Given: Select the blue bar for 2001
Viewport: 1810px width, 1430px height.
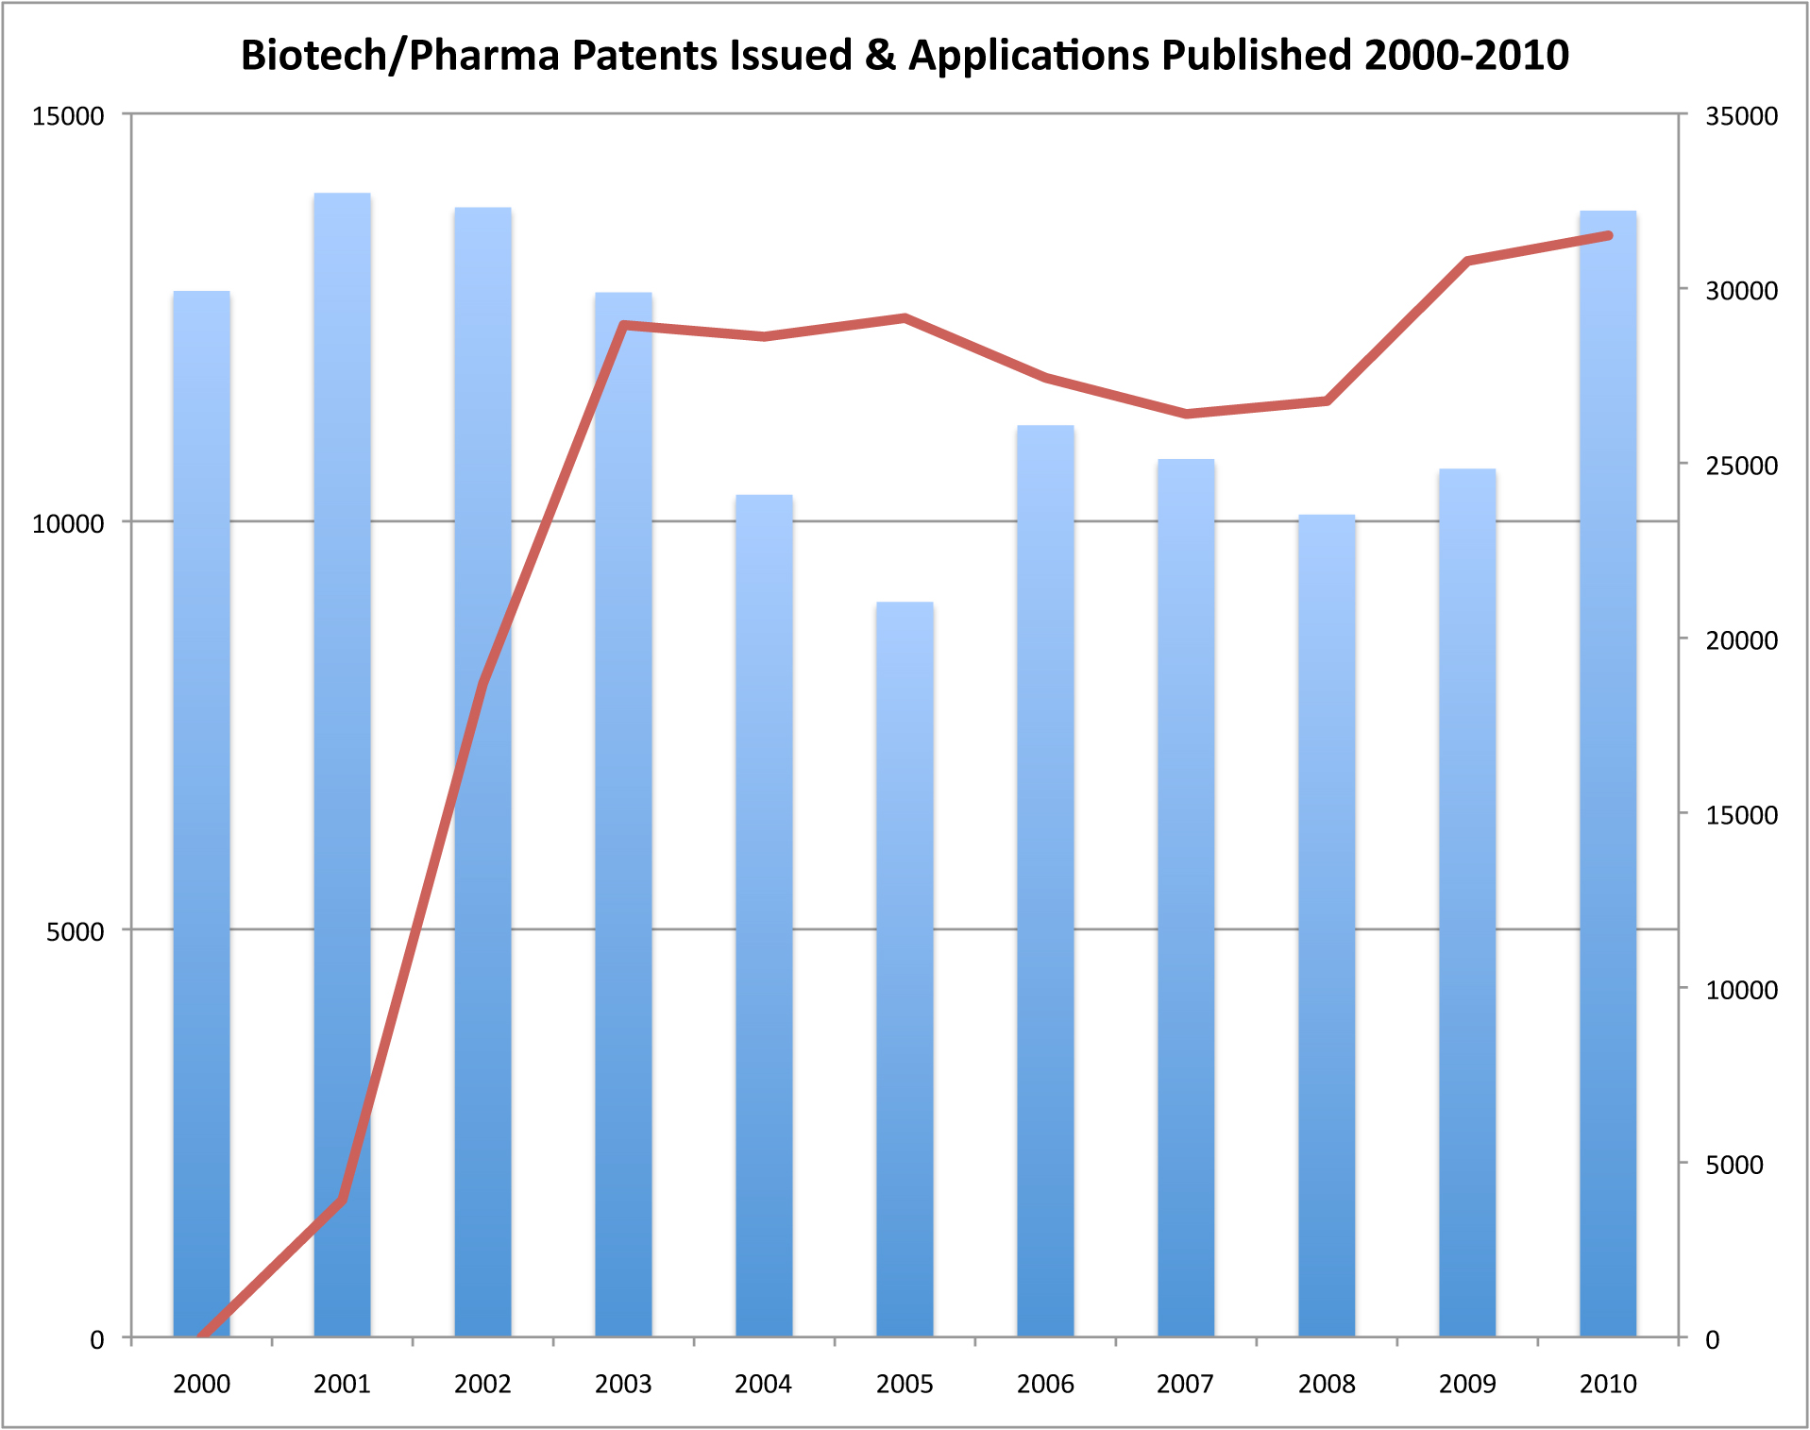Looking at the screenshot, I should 342,765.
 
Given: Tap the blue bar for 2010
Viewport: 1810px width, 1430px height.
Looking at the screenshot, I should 1608,775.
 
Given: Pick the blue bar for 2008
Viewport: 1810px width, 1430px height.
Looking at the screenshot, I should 1327,926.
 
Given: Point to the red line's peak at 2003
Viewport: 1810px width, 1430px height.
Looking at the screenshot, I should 624,325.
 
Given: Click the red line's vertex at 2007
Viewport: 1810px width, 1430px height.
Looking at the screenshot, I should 1186,414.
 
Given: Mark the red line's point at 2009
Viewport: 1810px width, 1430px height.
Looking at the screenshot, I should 1467,261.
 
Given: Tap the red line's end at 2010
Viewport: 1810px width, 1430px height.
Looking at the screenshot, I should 1608,235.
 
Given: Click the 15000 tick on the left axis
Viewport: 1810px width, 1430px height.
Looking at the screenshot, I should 68,116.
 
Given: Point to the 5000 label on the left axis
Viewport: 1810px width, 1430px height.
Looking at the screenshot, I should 76,931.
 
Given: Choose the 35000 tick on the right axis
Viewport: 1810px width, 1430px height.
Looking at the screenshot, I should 1741,116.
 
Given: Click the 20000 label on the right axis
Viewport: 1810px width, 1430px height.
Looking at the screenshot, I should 1741,640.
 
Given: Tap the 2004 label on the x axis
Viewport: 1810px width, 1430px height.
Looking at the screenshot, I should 763,1384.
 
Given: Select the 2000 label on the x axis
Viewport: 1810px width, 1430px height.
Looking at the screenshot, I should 201,1384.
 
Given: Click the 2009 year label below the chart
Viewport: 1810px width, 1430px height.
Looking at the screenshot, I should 1467,1384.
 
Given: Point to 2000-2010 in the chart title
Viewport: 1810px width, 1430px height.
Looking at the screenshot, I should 1466,55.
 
